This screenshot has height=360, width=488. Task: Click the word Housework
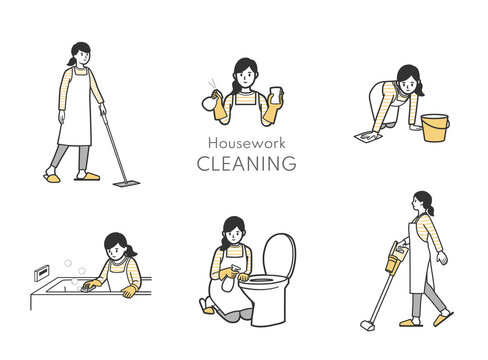tap(246, 143)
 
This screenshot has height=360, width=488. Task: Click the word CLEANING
tap(246, 163)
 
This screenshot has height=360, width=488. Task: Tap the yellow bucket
tap(435, 128)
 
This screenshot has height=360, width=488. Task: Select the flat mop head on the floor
tap(126, 183)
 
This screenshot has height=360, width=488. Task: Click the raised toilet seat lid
tap(279, 255)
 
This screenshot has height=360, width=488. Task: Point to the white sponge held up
tap(276, 94)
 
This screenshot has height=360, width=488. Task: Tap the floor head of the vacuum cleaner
tap(367, 325)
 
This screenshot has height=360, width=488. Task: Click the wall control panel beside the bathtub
tap(42, 273)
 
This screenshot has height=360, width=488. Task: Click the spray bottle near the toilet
tap(230, 279)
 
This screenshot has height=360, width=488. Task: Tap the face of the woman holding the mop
tap(83, 57)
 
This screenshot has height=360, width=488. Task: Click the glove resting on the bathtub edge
tap(130, 291)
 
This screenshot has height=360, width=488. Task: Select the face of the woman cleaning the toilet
tap(234, 235)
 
